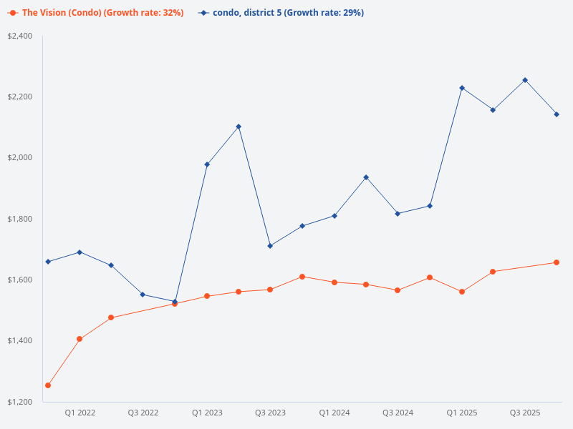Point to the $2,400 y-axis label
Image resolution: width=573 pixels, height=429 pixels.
click(x=19, y=36)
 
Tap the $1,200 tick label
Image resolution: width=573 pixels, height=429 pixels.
click(x=19, y=402)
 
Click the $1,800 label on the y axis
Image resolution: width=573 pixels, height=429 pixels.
click(x=19, y=219)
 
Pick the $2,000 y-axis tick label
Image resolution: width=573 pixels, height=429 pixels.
click(x=19, y=157)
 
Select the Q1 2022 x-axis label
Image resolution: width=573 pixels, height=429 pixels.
click(x=80, y=413)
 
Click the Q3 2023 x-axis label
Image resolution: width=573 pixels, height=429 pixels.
click(x=270, y=413)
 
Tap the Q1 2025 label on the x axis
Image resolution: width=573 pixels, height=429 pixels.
click(x=461, y=413)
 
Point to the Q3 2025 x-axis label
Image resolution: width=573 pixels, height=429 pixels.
click(x=524, y=413)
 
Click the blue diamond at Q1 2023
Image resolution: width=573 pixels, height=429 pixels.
click(x=207, y=164)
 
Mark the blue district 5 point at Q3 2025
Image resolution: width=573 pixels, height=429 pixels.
click(x=525, y=80)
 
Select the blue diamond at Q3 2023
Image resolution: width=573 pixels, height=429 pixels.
click(x=270, y=246)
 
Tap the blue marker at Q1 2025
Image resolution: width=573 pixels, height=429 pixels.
click(x=462, y=88)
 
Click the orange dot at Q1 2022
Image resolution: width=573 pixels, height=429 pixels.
click(x=80, y=339)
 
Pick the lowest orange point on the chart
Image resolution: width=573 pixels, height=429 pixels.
click(x=48, y=385)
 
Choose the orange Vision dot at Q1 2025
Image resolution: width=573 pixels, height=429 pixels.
click(x=462, y=292)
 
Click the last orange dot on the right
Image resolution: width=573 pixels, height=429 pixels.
click(x=557, y=262)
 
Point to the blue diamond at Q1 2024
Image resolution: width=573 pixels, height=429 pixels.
click(x=334, y=216)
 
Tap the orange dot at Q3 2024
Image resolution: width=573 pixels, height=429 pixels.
click(x=398, y=290)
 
